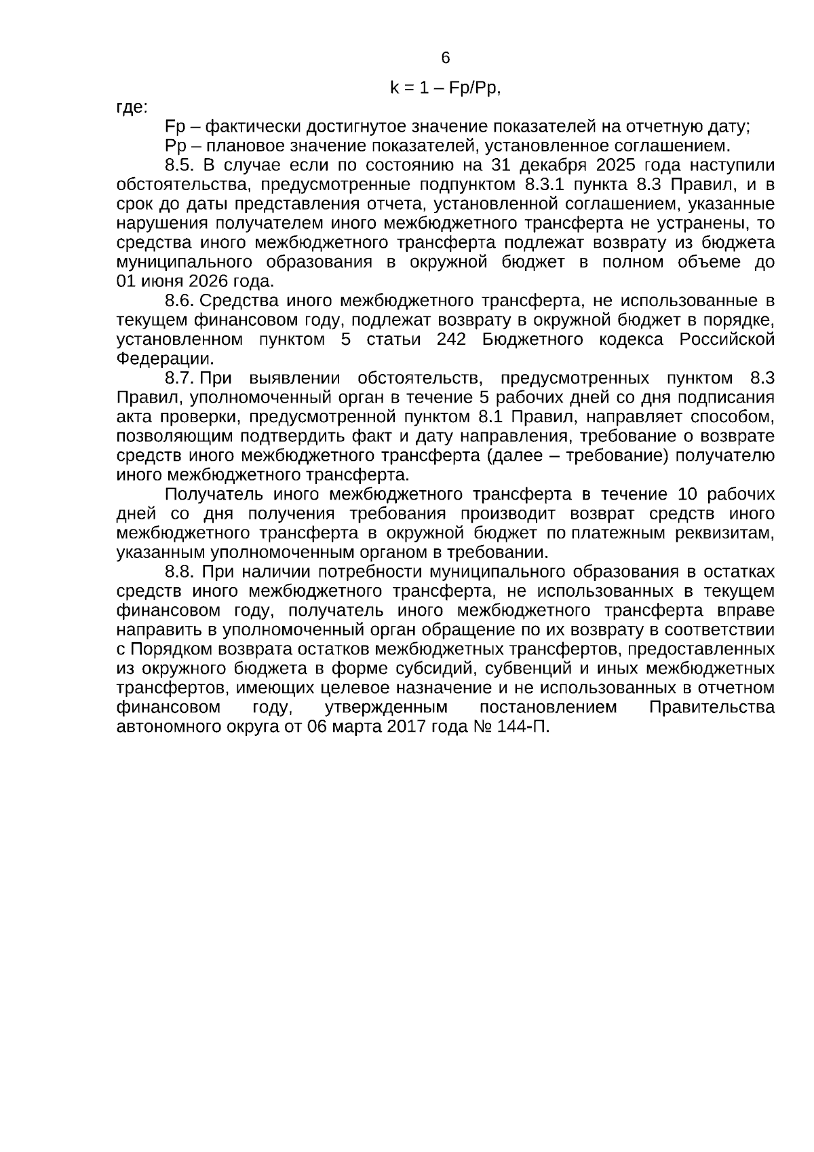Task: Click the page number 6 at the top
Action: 446,58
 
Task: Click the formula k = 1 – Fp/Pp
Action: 445,88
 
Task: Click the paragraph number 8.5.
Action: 180,166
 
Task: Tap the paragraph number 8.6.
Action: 180,301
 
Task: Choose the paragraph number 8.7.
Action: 180,378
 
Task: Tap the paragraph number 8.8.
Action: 180,572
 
